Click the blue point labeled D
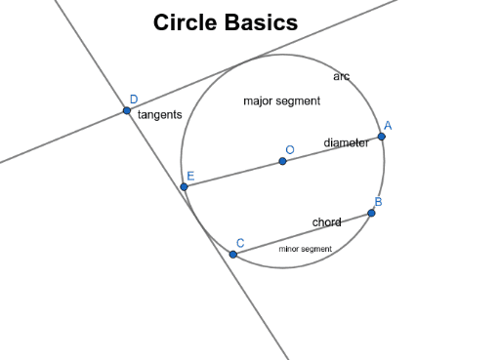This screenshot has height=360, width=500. coord(127,110)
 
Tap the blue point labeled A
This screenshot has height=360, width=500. coord(381,137)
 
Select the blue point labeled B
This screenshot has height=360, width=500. coord(371,213)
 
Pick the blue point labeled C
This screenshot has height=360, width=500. coord(233,254)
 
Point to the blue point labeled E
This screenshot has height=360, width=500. coord(184,186)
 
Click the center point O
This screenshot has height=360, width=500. coord(282,161)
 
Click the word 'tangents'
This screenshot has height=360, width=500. coord(159,115)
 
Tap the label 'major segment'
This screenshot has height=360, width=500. coord(281,100)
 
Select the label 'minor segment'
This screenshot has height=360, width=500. coord(305,249)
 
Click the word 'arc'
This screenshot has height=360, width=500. coord(341,76)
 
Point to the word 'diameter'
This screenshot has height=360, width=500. coord(346,143)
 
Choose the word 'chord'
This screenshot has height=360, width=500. coord(326,222)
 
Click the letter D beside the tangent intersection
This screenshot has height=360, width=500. coord(134,99)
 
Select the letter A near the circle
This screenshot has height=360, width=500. coord(388,125)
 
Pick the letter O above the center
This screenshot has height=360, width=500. coord(289,149)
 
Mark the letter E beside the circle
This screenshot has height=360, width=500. coord(190,176)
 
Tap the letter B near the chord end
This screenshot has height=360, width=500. coord(378,202)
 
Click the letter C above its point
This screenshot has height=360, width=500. coord(240,242)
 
